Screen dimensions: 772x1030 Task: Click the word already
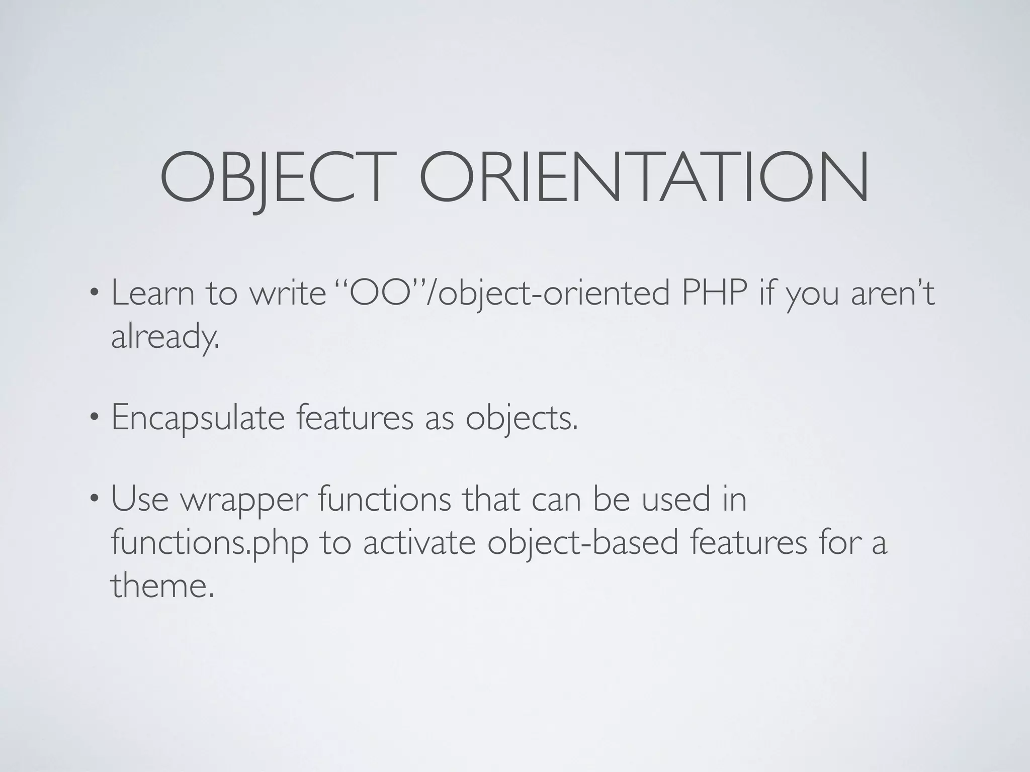pos(165,337)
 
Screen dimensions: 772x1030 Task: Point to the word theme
pos(162,586)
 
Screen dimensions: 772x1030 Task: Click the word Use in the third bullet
pos(139,501)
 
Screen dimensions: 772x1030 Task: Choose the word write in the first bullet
pos(288,294)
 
